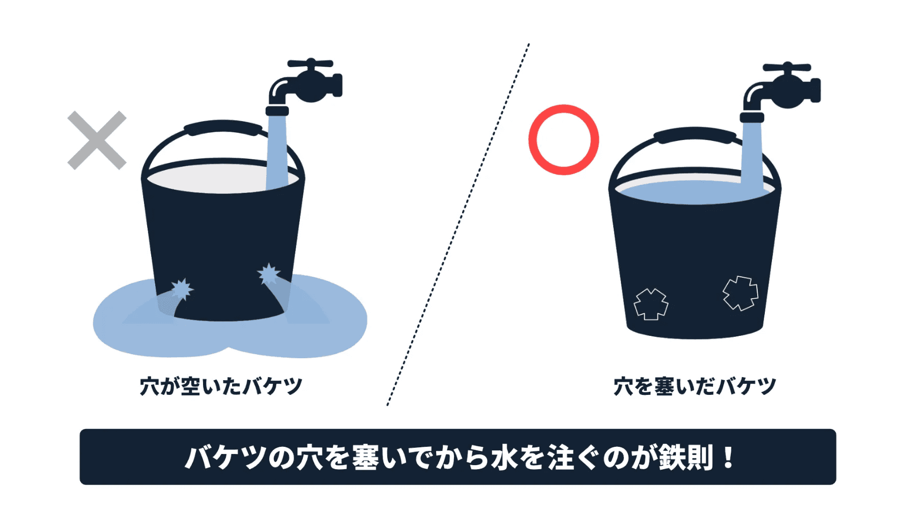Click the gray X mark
coord(97,140)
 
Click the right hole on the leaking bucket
coord(268,274)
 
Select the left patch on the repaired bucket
coord(651,304)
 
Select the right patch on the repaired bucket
coord(740,293)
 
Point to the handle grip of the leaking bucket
coord(222,128)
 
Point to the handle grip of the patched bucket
coord(695,134)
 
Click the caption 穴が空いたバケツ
coord(221,386)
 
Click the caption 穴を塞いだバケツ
coord(695,386)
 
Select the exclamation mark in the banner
coord(728,457)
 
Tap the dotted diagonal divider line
coord(458,224)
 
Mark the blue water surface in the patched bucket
coord(695,192)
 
